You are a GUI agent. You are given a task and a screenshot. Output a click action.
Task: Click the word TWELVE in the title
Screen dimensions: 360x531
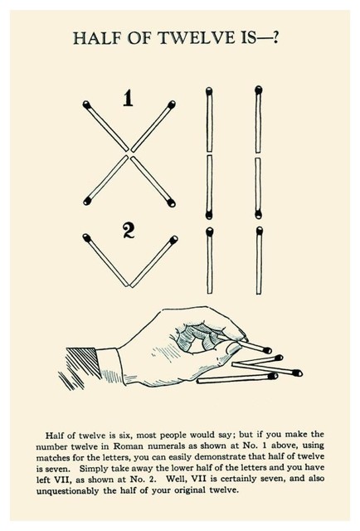point(197,38)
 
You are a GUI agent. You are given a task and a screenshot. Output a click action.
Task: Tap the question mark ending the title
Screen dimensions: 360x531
point(275,37)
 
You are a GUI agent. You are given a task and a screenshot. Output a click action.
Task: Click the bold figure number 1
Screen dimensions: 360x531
point(128,98)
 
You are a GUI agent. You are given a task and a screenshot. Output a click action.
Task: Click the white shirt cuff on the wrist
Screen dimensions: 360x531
point(110,367)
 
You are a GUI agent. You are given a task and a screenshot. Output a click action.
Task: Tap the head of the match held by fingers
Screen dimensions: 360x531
point(267,350)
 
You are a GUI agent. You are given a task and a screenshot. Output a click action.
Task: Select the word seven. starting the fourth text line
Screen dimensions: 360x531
point(56,469)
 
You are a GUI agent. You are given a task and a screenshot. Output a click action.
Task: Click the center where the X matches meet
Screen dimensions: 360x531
point(129,153)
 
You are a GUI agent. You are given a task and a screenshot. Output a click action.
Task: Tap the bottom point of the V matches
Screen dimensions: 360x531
point(129,285)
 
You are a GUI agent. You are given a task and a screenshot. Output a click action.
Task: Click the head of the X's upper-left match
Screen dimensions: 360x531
point(86,104)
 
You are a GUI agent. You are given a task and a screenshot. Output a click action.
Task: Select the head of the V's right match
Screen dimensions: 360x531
point(173,240)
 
